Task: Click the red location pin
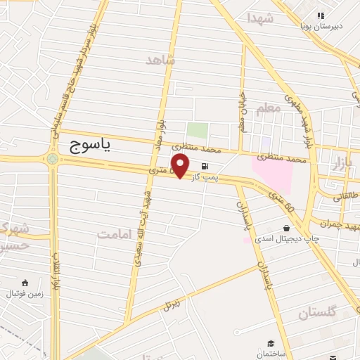(181, 166)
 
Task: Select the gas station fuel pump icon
(205, 167)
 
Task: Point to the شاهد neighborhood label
(159, 60)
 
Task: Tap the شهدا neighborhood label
(259, 18)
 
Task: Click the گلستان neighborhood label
(317, 312)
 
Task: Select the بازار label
(340, 164)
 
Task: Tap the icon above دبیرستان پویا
(321, 15)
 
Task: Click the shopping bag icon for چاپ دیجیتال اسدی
(286, 228)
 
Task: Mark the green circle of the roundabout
(53, 160)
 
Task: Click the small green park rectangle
(198, 130)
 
